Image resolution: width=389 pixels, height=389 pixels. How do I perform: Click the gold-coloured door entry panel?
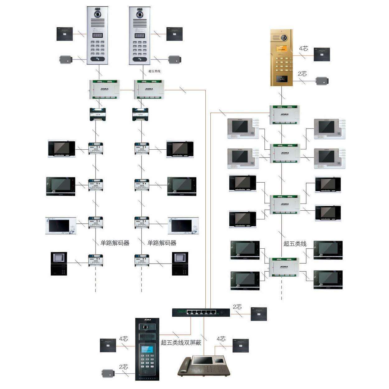pyautogui.click(x=281, y=58)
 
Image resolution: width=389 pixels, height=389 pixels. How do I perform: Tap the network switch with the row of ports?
pyautogui.click(x=201, y=312)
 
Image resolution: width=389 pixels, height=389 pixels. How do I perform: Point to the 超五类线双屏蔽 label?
pyautogui.click(x=181, y=343)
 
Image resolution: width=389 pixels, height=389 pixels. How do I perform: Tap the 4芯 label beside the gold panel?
pyautogui.click(x=303, y=49)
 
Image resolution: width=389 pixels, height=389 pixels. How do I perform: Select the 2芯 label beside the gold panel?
pyautogui.click(x=302, y=74)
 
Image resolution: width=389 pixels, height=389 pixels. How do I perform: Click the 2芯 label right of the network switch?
pyautogui.click(x=237, y=307)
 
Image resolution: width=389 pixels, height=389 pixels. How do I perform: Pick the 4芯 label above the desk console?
pyautogui.click(x=221, y=339)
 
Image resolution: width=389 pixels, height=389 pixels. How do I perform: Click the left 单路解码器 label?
pyautogui.click(x=115, y=243)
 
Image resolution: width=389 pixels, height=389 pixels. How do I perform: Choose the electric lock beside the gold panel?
pyautogui.click(x=322, y=81)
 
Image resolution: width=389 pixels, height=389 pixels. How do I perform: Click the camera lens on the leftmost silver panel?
pyautogui.click(x=98, y=15)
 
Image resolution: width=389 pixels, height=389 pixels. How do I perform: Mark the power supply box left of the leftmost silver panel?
pyautogui.click(x=64, y=34)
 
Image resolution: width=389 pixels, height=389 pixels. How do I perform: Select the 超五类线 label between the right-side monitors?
pyautogui.click(x=295, y=244)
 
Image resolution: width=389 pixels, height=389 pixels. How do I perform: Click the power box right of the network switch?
pyautogui.click(x=259, y=314)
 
